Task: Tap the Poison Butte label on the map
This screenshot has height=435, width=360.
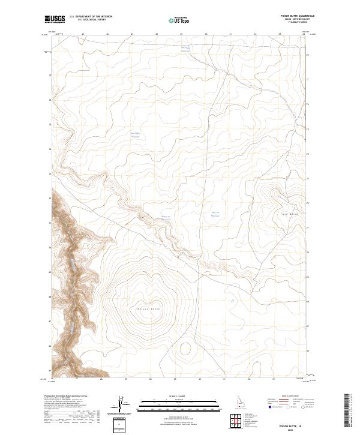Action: tap(146, 308)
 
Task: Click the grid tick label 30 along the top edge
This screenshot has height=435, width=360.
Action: tap(206, 34)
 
